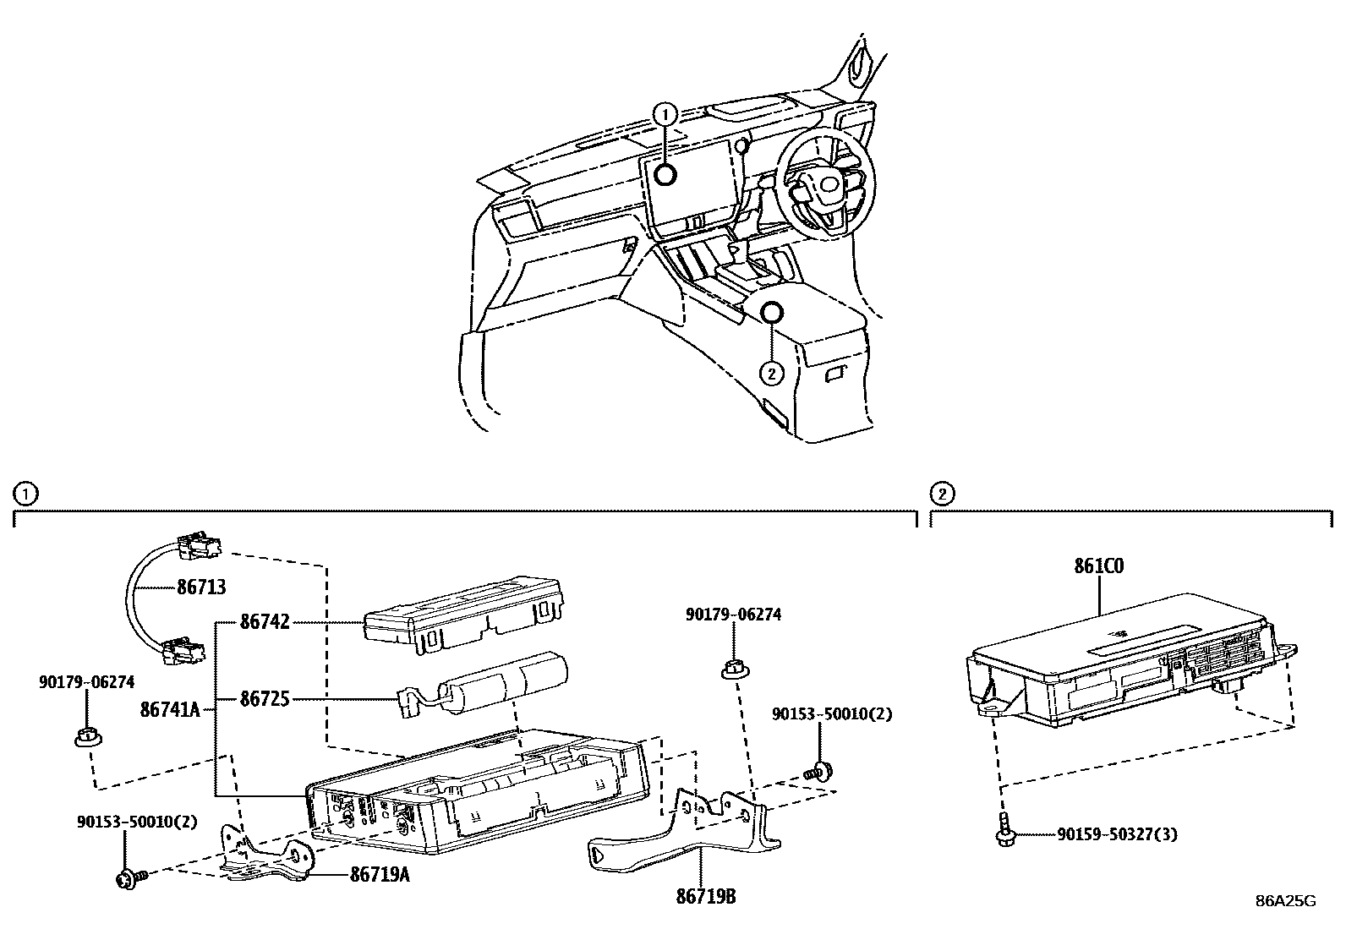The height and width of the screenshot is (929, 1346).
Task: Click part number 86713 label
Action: coord(201,586)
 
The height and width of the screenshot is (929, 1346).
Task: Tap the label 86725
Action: coord(265,699)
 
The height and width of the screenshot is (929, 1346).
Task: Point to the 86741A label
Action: coord(170,710)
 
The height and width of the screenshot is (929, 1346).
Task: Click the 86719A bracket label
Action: coord(380,875)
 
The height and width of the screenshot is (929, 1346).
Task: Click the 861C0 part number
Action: coord(1099,566)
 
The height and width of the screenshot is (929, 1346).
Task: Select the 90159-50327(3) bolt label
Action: coord(1117,835)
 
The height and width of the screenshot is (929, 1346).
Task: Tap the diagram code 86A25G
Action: coord(1285,901)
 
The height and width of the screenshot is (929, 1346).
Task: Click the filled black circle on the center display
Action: coord(665,174)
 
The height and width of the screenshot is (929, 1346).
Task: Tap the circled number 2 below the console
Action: coord(771,372)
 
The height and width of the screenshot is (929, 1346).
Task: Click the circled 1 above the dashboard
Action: coord(665,113)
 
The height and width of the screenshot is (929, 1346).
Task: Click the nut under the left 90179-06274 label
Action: coord(85,737)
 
